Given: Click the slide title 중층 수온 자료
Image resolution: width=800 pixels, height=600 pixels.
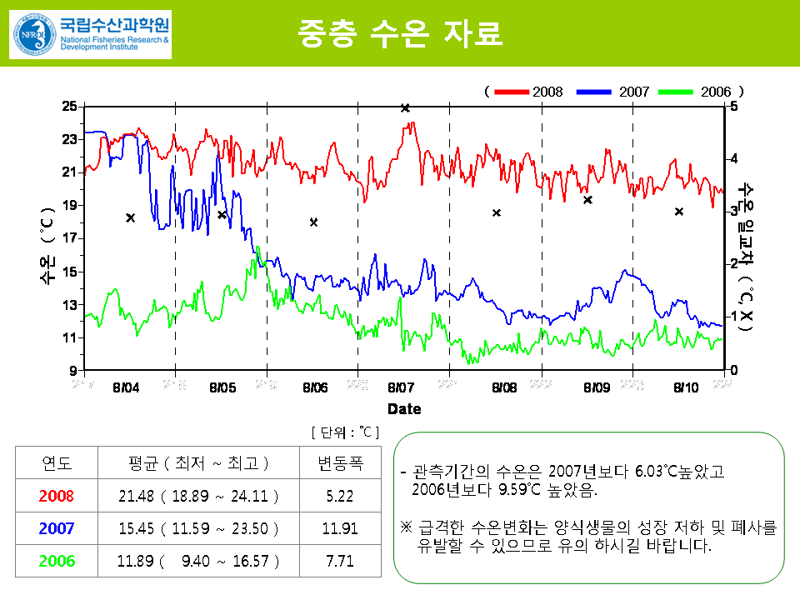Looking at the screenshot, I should [399, 33].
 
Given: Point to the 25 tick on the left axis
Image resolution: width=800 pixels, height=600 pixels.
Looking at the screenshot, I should [69, 106].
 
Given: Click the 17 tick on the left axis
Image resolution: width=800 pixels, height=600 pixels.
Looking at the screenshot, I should [69, 238].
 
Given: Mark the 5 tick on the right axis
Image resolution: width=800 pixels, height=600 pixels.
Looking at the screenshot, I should [733, 106].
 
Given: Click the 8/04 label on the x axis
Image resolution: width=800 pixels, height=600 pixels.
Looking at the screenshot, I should [127, 387].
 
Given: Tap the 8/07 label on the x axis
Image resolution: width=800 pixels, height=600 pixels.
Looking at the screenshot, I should [401, 387].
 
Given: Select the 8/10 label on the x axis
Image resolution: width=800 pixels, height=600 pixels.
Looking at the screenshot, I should [686, 387].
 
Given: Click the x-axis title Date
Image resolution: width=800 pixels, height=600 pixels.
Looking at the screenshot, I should [404, 409].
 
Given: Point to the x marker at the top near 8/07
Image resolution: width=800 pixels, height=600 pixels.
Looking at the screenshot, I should [405, 107].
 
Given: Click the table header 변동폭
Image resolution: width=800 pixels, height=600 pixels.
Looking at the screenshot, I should [340, 463].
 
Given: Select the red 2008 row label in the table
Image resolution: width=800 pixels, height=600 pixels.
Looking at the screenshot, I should [57, 496].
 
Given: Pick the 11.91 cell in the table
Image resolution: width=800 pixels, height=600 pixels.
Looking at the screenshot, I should [340, 528].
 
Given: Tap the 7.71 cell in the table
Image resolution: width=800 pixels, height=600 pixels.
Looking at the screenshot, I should [340, 561].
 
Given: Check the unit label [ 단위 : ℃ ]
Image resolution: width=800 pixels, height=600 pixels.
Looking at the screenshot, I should [345, 432].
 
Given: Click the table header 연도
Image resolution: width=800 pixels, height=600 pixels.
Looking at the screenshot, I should [57, 463].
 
